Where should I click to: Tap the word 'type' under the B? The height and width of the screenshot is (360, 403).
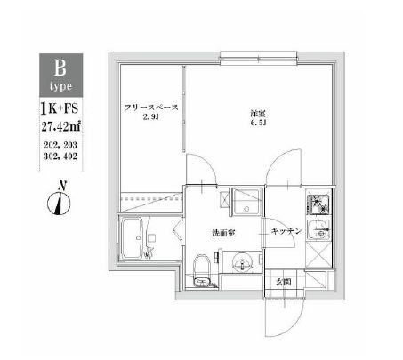61,85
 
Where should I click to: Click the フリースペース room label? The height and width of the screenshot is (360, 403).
150,108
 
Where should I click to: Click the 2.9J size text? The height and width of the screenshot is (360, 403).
150,117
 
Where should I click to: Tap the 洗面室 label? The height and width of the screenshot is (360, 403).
222,234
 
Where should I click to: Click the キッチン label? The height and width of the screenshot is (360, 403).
287,231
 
